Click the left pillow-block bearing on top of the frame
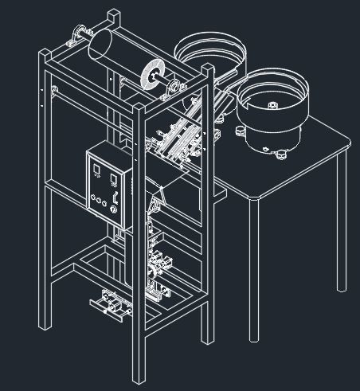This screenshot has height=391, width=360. [x=77, y=35]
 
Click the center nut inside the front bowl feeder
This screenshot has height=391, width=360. [x=272, y=104]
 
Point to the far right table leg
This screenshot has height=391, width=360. [x=342, y=223]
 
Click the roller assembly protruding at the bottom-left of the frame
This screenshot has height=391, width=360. [x=108, y=304]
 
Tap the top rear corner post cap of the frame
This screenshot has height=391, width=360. [x=115, y=15]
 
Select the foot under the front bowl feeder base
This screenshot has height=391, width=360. [x=280, y=154]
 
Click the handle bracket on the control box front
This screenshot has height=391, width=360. [x=116, y=196]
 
